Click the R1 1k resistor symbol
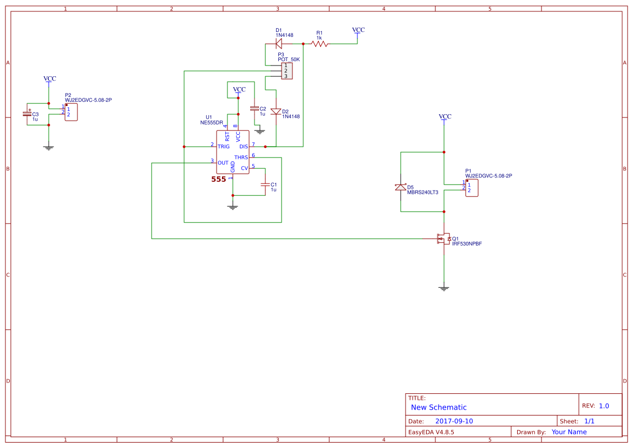point(319,43)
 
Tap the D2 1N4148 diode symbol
point(276,111)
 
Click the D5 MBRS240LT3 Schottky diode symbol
point(400,187)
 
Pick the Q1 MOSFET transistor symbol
point(442,238)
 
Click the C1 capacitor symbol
point(265,185)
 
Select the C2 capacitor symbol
point(254,109)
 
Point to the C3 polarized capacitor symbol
point(27,114)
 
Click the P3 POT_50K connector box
point(286,71)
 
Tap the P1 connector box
point(472,188)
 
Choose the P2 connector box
point(71,112)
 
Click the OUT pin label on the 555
point(223,163)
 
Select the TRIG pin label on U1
point(223,147)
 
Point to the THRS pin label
point(241,157)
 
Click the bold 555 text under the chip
point(219,179)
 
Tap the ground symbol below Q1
point(444,288)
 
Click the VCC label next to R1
point(358,30)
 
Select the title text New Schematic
point(439,407)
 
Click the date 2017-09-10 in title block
point(454,421)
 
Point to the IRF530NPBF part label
point(467,244)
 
